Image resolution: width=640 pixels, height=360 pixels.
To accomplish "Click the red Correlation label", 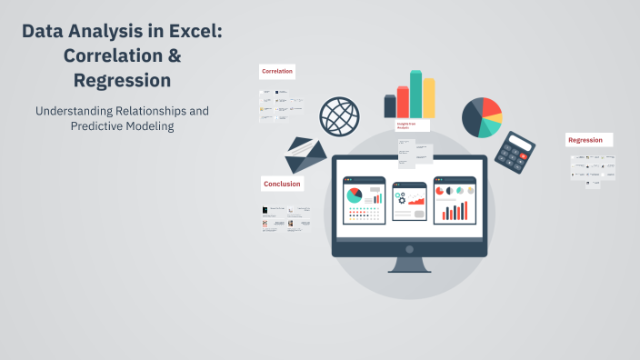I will (276, 71).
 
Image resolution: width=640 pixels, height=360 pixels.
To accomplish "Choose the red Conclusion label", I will (282, 184).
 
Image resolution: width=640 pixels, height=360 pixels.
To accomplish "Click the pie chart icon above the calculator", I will (482, 116).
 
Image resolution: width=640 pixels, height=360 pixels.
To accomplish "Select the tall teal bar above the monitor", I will (415, 95).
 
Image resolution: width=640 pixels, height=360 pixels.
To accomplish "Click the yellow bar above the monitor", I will (429, 98).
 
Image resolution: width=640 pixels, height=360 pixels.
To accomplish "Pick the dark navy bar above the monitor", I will (390, 106).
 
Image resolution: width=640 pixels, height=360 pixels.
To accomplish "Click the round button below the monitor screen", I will (409, 248).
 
